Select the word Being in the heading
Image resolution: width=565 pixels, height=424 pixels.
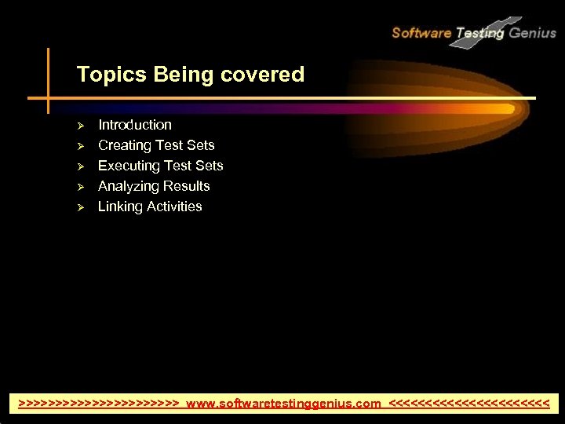click(x=173, y=75)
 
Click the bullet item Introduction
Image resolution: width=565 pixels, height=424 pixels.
click(x=135, y=125)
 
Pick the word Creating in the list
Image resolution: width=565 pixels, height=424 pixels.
click(x=124, y=145)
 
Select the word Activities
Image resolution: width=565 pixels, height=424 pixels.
click(x=174, y=207)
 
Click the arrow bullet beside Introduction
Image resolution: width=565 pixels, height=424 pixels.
click(x=79, y=126)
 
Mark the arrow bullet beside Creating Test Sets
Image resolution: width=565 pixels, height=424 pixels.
click(x=79, y=146)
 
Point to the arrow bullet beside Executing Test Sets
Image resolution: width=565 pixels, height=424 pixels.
click(x=79, y=166)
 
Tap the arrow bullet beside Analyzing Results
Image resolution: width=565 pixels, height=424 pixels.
click(x=79, y=187)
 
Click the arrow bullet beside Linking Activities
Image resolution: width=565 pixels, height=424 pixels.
click(x=79, y=207)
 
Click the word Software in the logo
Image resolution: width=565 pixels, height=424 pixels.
click(x=421, y=33)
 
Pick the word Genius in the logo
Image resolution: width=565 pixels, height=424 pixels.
click(x=533, y=33)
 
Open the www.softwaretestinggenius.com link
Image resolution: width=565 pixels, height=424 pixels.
click(x=284, y=404)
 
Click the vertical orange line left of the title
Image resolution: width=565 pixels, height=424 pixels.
click(x=48, y=79)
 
